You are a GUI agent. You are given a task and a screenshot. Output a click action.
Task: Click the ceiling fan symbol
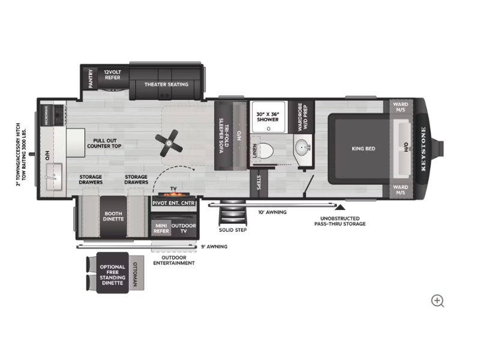[169, 143]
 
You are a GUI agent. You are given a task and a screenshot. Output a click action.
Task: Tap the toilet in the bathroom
[266, 151]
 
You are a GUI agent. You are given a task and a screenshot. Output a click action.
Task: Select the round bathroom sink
[303, 146]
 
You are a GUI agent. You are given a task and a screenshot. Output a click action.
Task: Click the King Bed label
[364, 148]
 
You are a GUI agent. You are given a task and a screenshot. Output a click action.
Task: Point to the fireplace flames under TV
[173, 194]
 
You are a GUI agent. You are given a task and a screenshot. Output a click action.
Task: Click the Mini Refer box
[161, 229]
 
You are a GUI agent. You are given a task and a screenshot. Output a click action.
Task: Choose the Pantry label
[91, 79]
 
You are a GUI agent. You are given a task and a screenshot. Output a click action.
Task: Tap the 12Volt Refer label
[113, 74]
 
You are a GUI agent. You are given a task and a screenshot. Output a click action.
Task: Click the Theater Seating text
[166, 84]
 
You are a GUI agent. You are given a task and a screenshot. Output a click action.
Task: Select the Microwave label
[47, 115]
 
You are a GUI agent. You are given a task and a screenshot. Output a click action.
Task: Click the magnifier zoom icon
[437, 301]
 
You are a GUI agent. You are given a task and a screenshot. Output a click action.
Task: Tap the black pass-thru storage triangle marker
[340, 208]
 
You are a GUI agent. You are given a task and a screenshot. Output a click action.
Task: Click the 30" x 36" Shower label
[268, 116]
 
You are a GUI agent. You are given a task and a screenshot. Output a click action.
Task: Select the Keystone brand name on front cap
[424, 149]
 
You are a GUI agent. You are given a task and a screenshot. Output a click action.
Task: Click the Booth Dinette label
[113, 216]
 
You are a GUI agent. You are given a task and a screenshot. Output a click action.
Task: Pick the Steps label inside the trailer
[259, 182]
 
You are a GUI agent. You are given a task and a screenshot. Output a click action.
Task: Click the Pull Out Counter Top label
[104, 143]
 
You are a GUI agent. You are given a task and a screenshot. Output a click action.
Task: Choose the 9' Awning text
[214, 247]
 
